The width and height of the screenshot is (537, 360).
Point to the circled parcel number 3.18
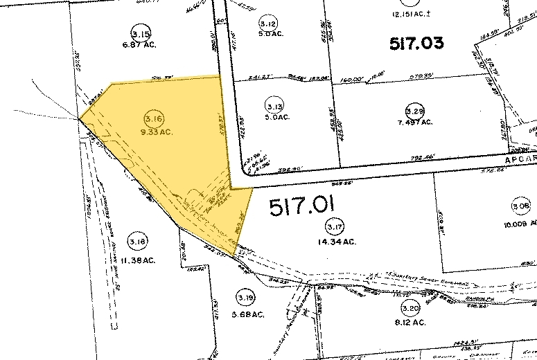137,242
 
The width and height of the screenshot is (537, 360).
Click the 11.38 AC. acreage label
137,260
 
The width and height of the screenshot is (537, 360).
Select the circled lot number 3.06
520,206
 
